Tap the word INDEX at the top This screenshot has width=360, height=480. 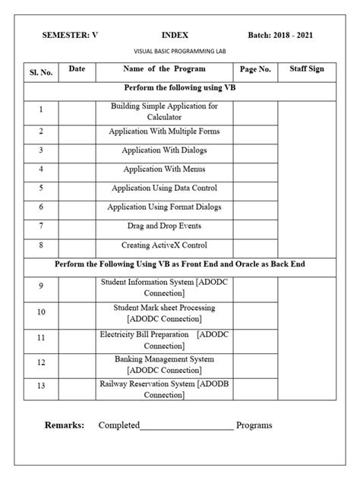pos(175,35)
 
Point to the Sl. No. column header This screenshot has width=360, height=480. pos(41,72)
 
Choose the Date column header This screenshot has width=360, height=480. pos(77,69)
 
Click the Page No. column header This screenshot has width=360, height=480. pos(255,69)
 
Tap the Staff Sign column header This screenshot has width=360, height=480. pos(307,69)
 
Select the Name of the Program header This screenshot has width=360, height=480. pos(164,69)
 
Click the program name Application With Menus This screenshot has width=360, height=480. pos(164,169)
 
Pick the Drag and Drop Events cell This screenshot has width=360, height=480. pos(164,226)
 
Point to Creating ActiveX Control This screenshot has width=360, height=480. pos(164,245)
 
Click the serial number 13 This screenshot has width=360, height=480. pos(41,386)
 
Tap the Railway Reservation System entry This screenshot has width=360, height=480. pos(164,389)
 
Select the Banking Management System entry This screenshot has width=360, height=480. pos(164,364)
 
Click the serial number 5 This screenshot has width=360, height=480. pos(41,188)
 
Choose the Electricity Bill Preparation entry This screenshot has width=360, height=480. pos(164,339)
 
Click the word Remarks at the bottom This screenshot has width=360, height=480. pos(65,425)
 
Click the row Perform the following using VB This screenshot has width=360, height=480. pos(174,89)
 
